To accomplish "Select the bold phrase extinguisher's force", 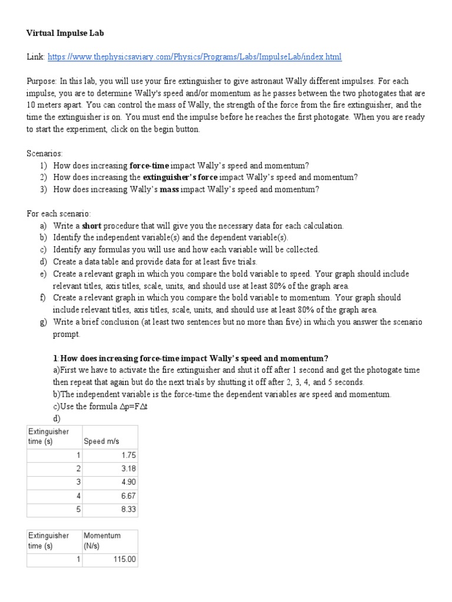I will click(x=180, y=177).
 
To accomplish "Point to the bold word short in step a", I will click(x=92, y=226).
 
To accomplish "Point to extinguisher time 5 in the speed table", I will click(x=78, y=509).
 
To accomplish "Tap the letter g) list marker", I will click(x=44, y=322).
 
